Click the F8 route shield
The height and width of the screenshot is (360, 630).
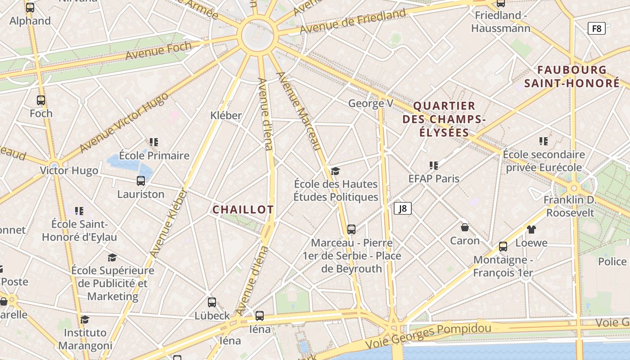click(596, 29)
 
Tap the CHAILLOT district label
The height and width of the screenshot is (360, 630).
click(243, 210)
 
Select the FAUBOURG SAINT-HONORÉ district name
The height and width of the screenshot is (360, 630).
click(571, 76)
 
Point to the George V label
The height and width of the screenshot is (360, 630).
click(371, 103)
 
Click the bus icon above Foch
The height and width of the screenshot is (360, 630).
click(41, 100)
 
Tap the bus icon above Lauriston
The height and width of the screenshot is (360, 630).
click(141, 181)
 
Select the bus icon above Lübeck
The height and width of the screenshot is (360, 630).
click(212, 302)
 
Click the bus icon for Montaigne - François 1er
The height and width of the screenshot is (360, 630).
click(503, 246)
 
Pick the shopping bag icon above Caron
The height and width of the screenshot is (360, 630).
click(465, 227)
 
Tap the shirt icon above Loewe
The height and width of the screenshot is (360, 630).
click(531, 229)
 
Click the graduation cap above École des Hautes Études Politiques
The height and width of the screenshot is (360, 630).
click(335, 171)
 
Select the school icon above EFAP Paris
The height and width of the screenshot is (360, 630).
click(434, 165)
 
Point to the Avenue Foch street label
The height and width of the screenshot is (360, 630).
click(158, 50)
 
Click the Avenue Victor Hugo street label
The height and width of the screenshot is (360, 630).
click(123, 122)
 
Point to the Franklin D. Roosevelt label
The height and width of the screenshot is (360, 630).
click(570, 206)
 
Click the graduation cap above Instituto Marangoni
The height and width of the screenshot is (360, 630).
click(85, 319)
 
